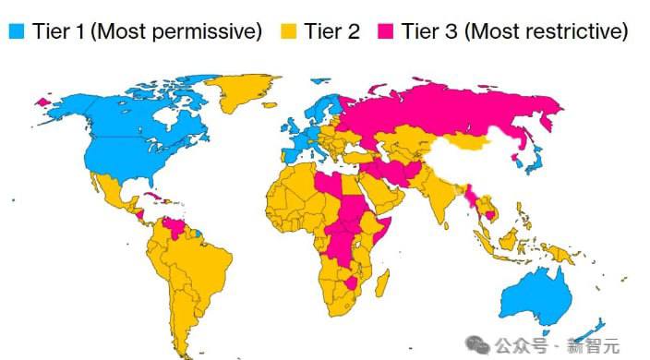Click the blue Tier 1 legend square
[16, 31]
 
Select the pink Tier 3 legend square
[387, 31]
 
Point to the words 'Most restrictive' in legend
[545, 31]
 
